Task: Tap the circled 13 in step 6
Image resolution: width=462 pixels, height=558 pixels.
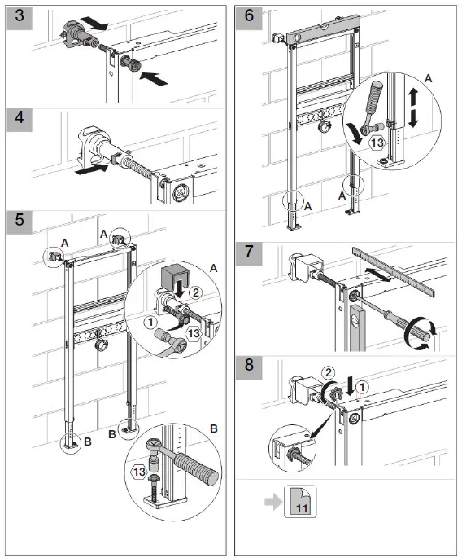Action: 376,144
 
